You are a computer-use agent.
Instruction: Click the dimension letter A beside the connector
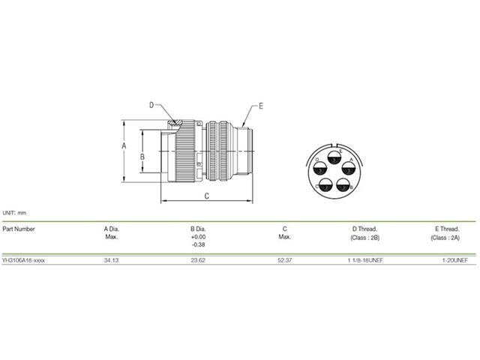(x=124, y=147)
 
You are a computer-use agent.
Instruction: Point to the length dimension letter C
(x=207, y=196)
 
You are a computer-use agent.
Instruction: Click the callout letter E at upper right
(x=260, y=106)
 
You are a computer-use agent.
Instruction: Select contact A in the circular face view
(x=348, y=169)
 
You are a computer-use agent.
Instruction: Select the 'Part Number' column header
(x=18, y=228)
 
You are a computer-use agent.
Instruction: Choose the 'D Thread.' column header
(x=364, y=228)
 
